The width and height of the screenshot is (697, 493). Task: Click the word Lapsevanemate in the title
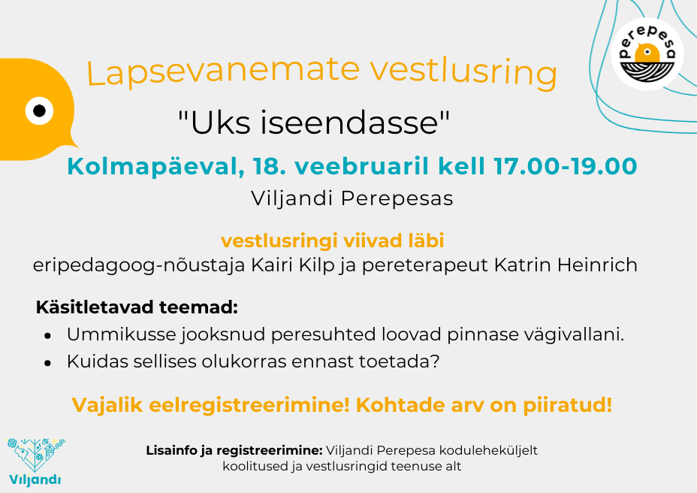223,71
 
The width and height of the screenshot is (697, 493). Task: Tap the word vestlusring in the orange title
463,72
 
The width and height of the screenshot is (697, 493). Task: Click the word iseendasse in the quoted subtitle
355,123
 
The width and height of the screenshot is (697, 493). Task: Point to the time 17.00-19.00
566,166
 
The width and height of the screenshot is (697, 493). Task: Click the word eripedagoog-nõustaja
139,266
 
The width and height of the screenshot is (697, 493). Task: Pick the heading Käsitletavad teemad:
137,307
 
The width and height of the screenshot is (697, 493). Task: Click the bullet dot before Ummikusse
48,336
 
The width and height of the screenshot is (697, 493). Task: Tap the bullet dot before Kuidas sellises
48,363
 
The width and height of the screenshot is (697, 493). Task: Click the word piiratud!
568,406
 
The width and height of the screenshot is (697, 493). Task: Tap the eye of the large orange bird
39,110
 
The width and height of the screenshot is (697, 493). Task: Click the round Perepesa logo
647,54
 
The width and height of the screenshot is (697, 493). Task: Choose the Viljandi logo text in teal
35,479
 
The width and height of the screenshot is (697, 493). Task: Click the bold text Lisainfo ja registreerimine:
234,451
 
